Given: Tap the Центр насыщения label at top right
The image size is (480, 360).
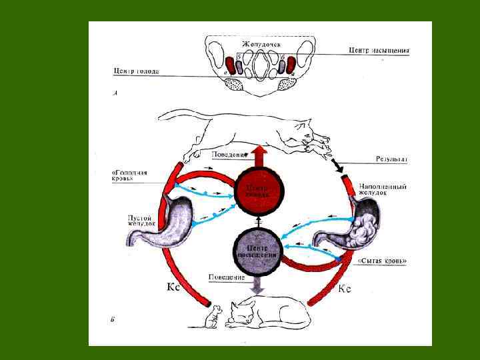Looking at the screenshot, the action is (379, 50).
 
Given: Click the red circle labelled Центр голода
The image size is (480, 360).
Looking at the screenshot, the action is (257, 190).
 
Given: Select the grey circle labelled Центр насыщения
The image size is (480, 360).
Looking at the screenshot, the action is (257, 249).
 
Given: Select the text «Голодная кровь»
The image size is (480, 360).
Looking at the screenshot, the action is (129, 175).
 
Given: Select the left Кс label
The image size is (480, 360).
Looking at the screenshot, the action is (171, 288).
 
